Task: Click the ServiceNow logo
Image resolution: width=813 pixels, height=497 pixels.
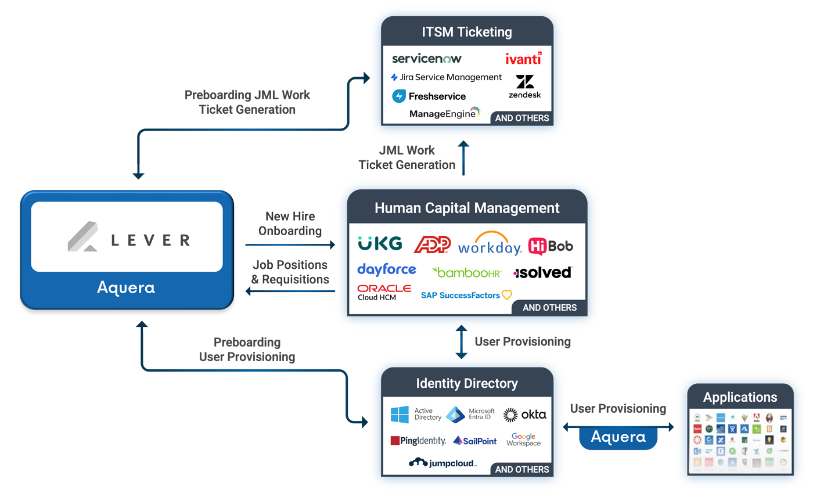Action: [x=427, y=59]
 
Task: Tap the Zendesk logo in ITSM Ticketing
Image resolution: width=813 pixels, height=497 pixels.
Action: [x=524, y=87]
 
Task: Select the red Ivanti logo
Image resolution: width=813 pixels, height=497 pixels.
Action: [x=523, y=59]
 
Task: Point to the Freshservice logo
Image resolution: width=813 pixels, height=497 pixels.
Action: [x=429, y=96]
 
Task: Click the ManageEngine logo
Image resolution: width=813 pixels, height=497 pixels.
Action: [x=445, y=113]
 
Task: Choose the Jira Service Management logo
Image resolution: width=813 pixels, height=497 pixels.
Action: [x=446, y=77]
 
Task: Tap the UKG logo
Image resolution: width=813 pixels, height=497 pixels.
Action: [x=380, y=244]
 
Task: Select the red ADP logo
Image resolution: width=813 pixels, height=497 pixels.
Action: [x=432, y=245]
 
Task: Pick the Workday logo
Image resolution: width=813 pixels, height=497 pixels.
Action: [x=490, y=244]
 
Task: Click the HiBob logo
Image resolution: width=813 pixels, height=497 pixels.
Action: [x=551, y=246]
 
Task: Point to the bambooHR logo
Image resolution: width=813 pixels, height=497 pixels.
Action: [x=466, y=272]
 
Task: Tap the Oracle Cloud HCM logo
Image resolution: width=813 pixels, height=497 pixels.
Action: [x=384, y=292]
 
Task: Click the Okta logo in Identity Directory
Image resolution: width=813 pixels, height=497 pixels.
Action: [x=524, y=415]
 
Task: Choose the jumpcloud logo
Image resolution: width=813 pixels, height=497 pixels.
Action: [x=443, y=463]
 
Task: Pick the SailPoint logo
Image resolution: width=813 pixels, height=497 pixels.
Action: [x=475, y=441]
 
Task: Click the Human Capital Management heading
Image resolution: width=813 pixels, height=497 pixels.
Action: [x=467, y=208]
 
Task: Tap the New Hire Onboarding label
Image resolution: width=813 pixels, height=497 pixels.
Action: [x=290, y=224]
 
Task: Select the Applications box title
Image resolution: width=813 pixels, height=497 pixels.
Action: [x=740, y=397]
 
